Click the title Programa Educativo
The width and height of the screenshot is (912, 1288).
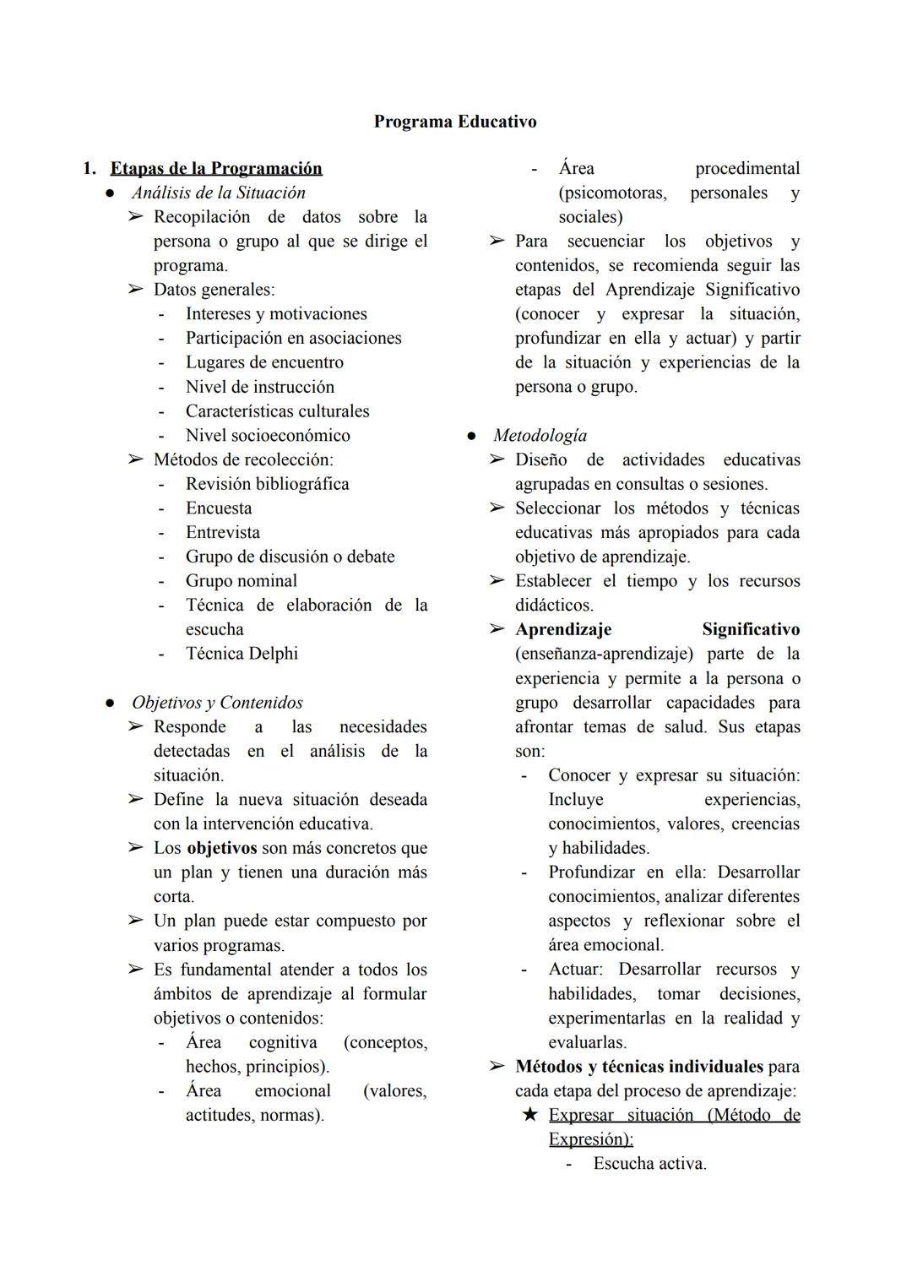(454, 122)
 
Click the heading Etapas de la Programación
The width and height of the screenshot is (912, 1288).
(216, 168)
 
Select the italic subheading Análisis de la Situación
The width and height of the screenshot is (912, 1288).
(218, 193)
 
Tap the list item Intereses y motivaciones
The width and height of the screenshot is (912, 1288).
(276, 314)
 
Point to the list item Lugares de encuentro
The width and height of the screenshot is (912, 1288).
(264, 362)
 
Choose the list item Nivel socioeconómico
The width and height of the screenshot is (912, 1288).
(268, 436)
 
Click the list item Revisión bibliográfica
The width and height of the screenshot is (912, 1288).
(267, 484)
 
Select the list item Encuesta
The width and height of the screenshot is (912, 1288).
(219, 508)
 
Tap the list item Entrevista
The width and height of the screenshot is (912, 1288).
(223, 533)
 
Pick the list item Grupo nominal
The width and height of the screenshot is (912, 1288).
(242, 581)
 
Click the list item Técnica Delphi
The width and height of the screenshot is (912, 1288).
(242, 654)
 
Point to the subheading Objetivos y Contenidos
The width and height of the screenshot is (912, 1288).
(217, 703)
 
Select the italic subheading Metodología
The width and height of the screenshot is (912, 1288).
(540, 436)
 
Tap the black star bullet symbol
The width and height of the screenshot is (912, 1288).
(529, 1115)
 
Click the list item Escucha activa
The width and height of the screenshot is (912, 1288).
(649, 1164)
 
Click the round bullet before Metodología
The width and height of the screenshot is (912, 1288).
(471, 437)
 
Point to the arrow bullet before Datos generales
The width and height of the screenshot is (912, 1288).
(135, 290)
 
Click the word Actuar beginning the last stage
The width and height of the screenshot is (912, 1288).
(574, 970)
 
